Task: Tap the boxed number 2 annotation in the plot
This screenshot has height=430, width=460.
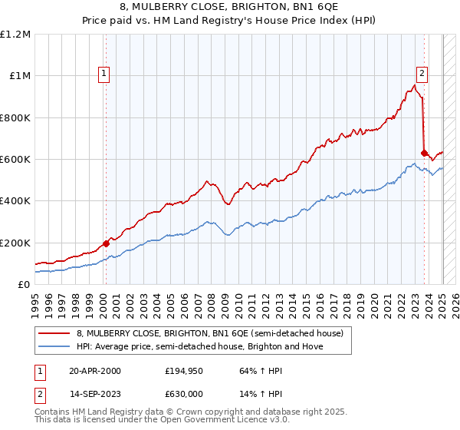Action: point(422,74)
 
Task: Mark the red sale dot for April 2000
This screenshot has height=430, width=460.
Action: point(106,243)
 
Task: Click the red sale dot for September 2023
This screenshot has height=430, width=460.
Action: point(424,153)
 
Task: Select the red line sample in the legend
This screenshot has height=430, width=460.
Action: point(55,333)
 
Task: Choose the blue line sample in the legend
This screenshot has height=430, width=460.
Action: point(55,346)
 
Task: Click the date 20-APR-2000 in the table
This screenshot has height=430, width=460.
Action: point(95,371)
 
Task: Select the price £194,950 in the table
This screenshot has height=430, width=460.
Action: point(182,371)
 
